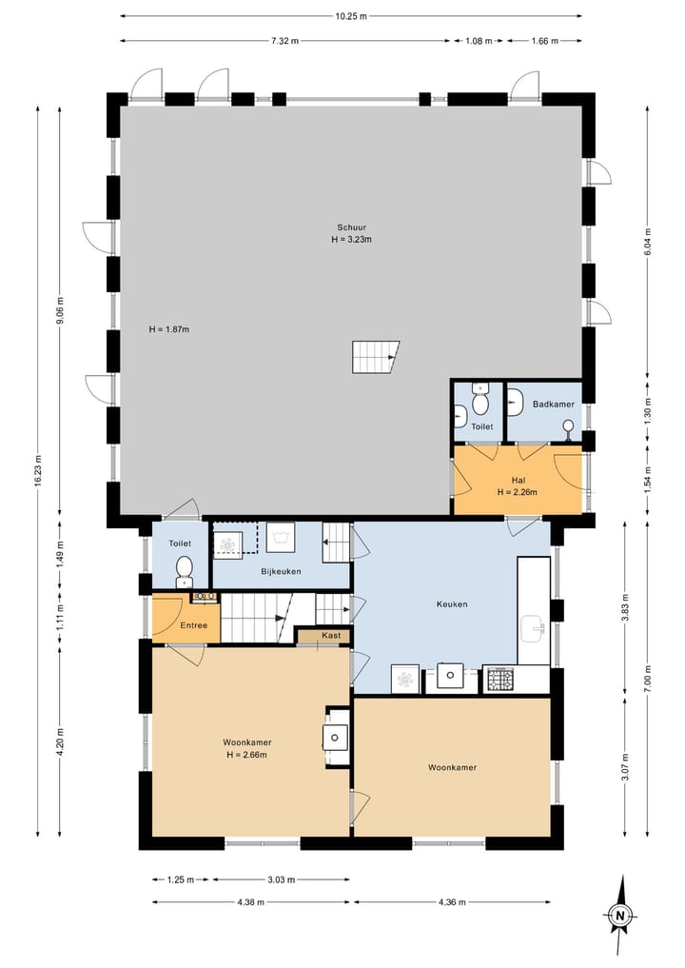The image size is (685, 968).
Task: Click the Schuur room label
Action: click(351, 227)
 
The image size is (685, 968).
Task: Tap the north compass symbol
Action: click(619, 915)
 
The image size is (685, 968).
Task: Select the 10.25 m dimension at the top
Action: click(350, 17)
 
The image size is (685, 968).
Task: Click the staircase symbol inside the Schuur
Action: click(375, 357)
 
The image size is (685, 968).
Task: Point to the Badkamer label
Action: click(554, 405)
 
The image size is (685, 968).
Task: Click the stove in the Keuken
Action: click(499, 680)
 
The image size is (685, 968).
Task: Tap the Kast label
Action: click(331, 635)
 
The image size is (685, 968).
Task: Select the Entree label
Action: click(194, 625)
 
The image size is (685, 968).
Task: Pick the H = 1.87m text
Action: click(169, 329)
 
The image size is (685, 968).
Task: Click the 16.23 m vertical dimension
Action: click(38, 471)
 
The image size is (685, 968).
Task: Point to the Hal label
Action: click(519, 481)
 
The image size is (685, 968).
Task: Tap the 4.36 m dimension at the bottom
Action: click(452, 902)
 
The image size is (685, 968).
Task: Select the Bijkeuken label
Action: click(281, 572)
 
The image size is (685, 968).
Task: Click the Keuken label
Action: click(452, 604)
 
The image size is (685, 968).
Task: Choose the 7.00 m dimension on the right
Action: click(647, 679)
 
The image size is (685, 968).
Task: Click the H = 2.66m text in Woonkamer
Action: click(246, 755)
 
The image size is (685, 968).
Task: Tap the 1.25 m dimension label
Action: click(181, 879)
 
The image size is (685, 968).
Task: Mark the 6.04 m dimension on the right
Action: click(647, 242)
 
